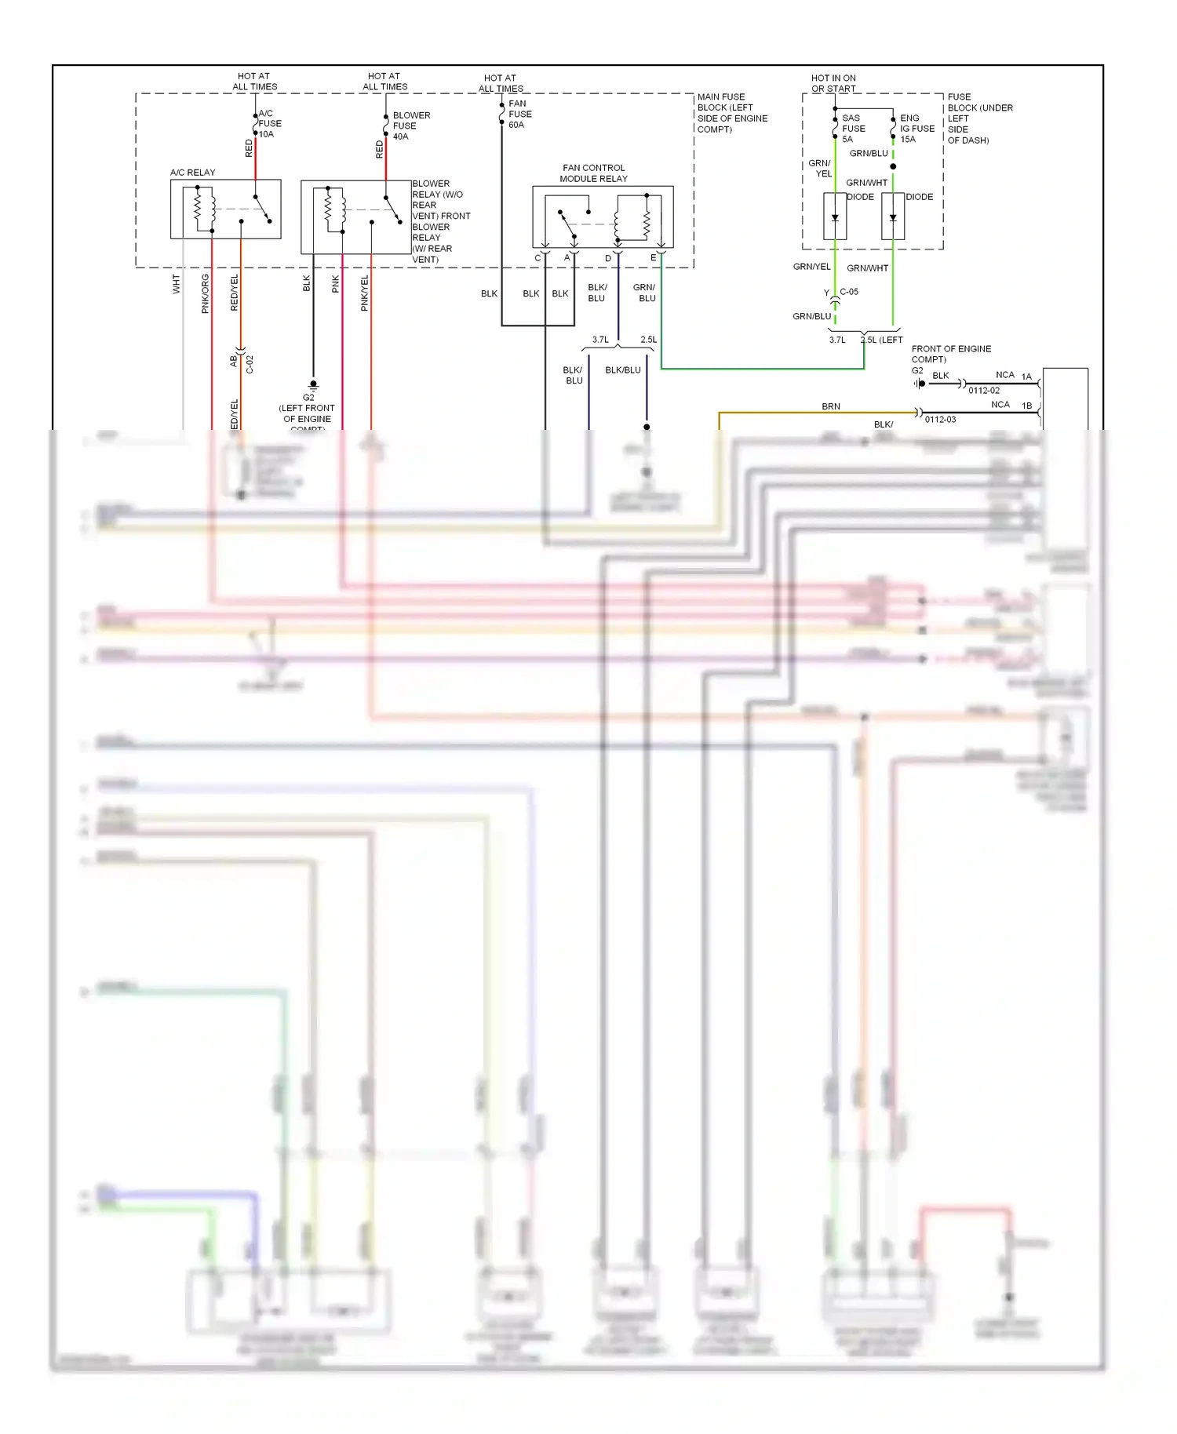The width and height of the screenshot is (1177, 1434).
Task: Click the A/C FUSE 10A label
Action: [x=270, y=124]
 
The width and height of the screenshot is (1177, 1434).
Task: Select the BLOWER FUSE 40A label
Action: [x=410, y=126]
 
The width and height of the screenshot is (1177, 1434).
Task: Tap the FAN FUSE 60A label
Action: [x=519, y=115]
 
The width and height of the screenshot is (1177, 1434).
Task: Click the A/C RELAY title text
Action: [x=192, y=173]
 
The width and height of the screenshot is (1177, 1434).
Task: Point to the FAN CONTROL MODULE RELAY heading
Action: [x=593, y=173]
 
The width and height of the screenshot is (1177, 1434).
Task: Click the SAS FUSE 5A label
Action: [x=853, y=129]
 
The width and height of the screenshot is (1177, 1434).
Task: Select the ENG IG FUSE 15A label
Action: [x=916, y=129]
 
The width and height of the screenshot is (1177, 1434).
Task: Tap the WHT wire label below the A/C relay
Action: [x=177, y=284]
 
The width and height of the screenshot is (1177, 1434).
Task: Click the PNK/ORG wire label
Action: [x=206, y=293]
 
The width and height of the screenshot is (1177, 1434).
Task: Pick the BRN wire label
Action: [x=830, y=406]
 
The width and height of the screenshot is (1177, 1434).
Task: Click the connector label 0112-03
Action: [x=940, y=420]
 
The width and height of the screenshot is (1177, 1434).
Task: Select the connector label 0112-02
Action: [x=983, y=391]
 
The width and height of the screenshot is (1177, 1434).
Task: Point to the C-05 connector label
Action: [x=849, y=292]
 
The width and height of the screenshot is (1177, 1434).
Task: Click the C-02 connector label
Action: [x=250, y=364]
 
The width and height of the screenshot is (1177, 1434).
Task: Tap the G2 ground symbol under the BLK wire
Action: [x=313, y=386]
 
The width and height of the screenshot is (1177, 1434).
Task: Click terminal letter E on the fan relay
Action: [x=653, y=257]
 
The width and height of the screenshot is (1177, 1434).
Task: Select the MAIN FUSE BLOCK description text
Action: [x=731, y=113]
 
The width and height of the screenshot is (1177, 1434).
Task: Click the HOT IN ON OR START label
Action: [x=833, y=83]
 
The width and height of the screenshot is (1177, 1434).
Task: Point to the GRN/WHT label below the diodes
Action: [x=867, y=268]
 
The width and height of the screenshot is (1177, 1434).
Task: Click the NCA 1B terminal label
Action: [x=1012, y=406]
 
